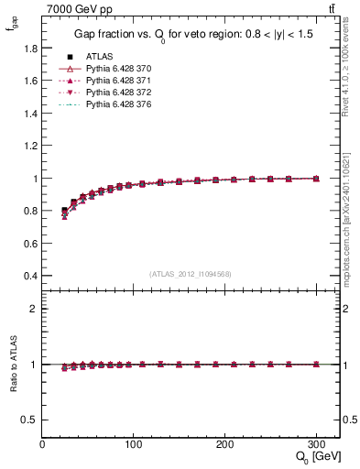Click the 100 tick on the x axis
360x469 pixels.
point(134,444)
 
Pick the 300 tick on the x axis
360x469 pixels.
point(316,444)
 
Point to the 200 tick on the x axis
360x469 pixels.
point(225,444)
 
